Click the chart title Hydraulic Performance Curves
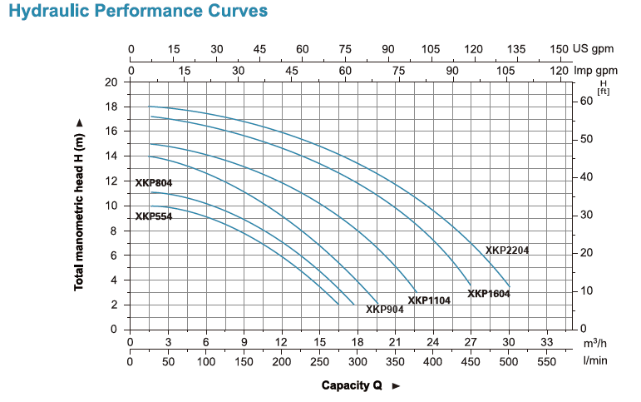pyautogui.click(x=138, y=12)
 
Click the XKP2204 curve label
pyautogui.click(x=507, y=250)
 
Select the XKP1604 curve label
pyautogui.click(x=489, y=293)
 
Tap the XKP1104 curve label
pyautogui.click(x=429, y=300)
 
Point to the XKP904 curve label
pyautogui.click(x=385, y=310)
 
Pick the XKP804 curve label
pyautogui.click(x=154, y=183)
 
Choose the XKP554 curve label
pyautogui.click(x=154, y=216)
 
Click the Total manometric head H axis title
pyautogui.click(x=80, y=206)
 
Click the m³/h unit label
pyautogui.click(x=594, y=343)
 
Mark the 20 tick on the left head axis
pyautogui.click(x=111, y=82)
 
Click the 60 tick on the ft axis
pyautogui.click(x=587, y=101)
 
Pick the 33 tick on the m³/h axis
pyautogui.click(x=546, y=342)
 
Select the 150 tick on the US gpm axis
pyautogui.click(x=559, y=49)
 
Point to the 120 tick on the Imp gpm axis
pyautogui.click(x=560, y=70)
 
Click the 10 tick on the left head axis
pyautogui.click(x=111, y=206)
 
